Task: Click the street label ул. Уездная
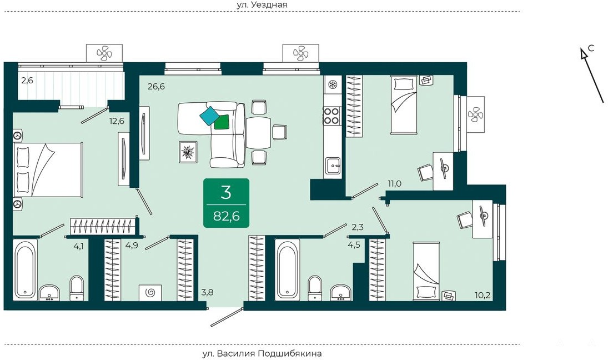click(262, 4)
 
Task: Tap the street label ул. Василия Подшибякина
click(262, 353)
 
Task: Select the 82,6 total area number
click(227, 216)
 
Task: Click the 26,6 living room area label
click(156, 86)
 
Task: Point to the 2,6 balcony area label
click(27, 81)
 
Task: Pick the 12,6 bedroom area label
click(117, 121)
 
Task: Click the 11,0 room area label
click(394, 184)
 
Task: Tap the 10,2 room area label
click(483, 295)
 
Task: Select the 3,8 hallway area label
click(207, 292)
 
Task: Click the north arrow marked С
click(592, 75)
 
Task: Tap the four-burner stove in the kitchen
click(332, 115)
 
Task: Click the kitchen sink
click(332, 166)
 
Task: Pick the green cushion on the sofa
click(222, 122)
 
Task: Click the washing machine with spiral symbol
click(150, 292)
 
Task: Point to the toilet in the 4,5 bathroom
click(314, 288)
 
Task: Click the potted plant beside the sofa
click(188, 152)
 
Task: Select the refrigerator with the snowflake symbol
click(333, 84)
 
